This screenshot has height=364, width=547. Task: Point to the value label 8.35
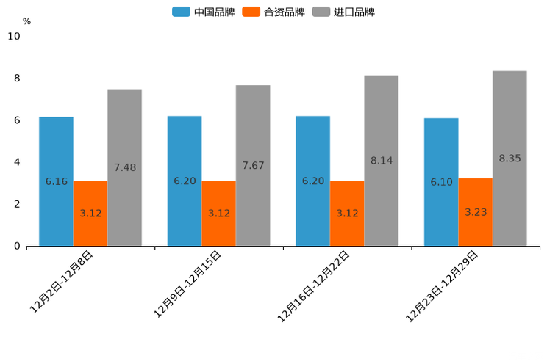[x=510, y=159]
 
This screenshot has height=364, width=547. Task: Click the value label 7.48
[x=124, y=167]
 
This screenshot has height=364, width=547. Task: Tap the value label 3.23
[x=476, y=212]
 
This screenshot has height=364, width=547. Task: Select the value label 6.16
[x=56, y=181]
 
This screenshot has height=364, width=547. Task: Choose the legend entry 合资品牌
[x=284, y=12]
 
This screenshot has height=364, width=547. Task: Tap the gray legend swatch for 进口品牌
[x=321, y=12]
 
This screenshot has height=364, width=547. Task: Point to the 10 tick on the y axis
[x=14, y=36]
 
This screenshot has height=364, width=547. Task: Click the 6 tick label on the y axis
[x=17, y=120]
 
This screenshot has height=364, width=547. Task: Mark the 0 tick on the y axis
[x=17, y=247]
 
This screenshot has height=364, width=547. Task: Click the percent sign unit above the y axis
[x=26, y=21]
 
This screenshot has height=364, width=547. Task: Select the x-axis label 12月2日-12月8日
[x=62, y=282]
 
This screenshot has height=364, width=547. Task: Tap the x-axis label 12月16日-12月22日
[x=314, y=285]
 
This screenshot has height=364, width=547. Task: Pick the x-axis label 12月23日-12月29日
[x=443, y=285]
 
